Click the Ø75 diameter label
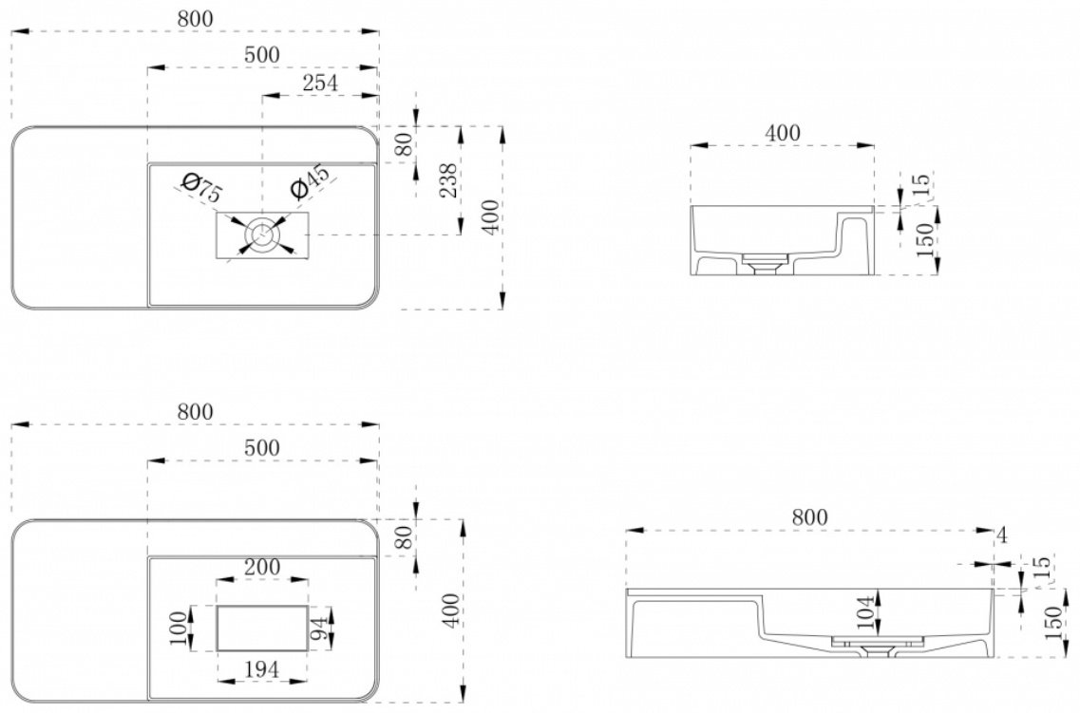[x=201, y=188]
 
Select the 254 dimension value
[x=320, y=83]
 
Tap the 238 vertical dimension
[x=448, y=180]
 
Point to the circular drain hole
[x=262, y=235]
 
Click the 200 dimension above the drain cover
[x=262, y=567]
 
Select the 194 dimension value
[x=262, y=669]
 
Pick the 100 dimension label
[x=179, y=629]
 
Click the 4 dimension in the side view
[x=1002, y=535]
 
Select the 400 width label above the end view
[x=783, y=133]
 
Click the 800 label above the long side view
[x=809, y=517]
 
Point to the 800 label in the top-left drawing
[x=196, y=19]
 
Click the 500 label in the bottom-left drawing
[x=262, y=448]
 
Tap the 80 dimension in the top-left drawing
[x=405, y=144]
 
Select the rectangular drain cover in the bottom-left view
[x=262, y=629]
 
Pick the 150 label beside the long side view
[x=1053, y=623]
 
